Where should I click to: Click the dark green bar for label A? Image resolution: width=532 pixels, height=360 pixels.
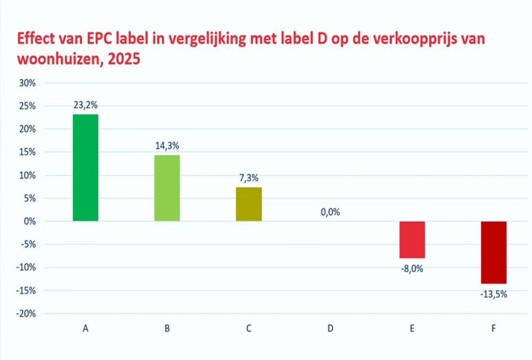pyautogui.click(x=85, y=168)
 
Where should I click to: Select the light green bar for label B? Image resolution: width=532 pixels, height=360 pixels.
pyautogui.click(x=167, y=188)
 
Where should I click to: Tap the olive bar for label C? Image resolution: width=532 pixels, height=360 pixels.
pyautogui.click(x=249, y=204)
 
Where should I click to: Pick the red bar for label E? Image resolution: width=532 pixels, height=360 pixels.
pyautogui.click(x=412, y=239)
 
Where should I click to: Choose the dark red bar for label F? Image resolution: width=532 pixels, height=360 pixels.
pyautogui.click(x=494, y=252)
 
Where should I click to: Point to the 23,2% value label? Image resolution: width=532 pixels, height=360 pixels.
pyautogui.click(x=85, y=106)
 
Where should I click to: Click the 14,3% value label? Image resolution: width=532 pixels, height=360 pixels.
pyautogui.click(x=167, y=147)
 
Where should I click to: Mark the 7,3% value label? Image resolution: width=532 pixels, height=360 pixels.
pyautogui.click(x=249, y=179)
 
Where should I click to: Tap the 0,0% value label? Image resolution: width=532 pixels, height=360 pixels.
pyautogui.click(x=330, y=212)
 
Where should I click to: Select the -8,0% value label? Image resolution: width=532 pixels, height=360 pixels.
pyautogui.click(x=412, y=269)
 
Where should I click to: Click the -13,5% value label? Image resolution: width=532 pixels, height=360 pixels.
pyautogui.click(x=494, y=294)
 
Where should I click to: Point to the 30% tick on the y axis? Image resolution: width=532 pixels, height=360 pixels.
pyautogui.click(x=28, y=83)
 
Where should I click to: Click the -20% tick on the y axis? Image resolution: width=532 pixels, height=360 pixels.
pyautogui.click(x=26, y=314)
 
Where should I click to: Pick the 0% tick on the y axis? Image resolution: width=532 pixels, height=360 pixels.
pyautogui.click(x=30, y=221)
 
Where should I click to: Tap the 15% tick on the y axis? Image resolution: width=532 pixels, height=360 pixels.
pyautogui.click(x=28, y=152)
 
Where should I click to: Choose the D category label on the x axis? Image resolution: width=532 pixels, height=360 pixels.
pyautogui.click(x=330, y=329)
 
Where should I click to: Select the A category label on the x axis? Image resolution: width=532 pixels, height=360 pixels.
pyautogui.click(x=85, y=329)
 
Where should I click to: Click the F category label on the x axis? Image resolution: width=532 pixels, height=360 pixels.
pyautogui.click(x=494, y=329)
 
